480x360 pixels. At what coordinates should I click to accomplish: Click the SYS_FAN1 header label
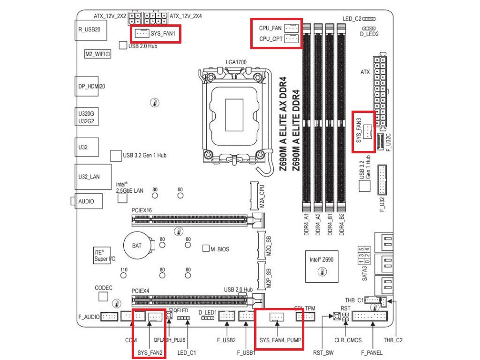pyautogui.click(x=164, y=34)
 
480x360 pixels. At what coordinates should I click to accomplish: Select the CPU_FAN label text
pyautogui.click(x=270, y=28)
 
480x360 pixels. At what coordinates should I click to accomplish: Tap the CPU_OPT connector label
pyautogui.click(x=270, y=39)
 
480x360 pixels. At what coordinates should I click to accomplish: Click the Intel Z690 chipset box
pyautogui.click(x=321, y=265)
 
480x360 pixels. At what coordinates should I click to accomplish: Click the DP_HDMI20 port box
pyautogui.click(x=88, y=87)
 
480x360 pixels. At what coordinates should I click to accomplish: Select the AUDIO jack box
pyautogui.click(x=86, y=201)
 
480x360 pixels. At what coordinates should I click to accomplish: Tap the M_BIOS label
pyautogui.click(x=219, y=249)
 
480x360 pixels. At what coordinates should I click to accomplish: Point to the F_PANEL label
pyautogui.click(x=372, y=352)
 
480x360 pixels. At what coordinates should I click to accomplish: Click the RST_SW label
pyautogui.click(x=323, y=352)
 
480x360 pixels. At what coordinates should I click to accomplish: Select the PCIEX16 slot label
pyautogui.click(x=142, y=210)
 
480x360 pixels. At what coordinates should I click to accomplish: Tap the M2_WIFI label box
pyautogui.click(x=97, y=54)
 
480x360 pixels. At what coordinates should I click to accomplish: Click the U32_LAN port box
pyautogui.click(x=89, y=177)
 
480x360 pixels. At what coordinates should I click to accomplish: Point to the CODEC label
pyautogui.click(x=104, y=287)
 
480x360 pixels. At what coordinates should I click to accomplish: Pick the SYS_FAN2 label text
pyautogui.click(x=150, y=352)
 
